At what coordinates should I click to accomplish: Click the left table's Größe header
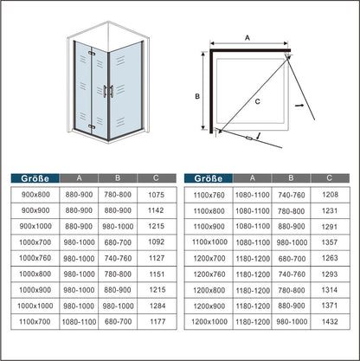(x=35, y=178)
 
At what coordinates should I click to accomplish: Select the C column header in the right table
(x=330, y=178)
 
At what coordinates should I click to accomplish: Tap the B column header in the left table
(x=118, y=178)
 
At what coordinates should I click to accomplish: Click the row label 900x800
(x=35, y=195)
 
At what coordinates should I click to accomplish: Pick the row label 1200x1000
(x=209, y=321)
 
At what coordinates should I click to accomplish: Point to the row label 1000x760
(x=35, y=258)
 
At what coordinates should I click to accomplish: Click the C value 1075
(x=156, y=195)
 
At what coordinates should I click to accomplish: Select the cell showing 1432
(x=330, y=321)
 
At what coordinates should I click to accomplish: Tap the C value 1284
(x=157, y=306)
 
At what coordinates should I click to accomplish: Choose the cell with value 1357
(x=330, y=242)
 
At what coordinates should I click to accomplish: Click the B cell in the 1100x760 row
(x=292, y=195)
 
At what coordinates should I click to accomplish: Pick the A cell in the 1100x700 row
(x=79, y=321)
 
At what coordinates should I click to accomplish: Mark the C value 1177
(x=157, y=321)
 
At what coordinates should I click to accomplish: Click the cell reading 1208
(x=330, y=195)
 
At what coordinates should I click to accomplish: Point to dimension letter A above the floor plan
(x=247, y=38)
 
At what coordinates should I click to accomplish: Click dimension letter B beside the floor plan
(x=197, y=96)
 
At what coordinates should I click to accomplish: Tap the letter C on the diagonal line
(x=257, y=101)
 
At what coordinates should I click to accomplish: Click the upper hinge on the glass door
(x=92, y=54)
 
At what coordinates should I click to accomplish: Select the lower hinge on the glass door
(x=92, y=126)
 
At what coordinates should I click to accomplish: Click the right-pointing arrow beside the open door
(x=299, y=106)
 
